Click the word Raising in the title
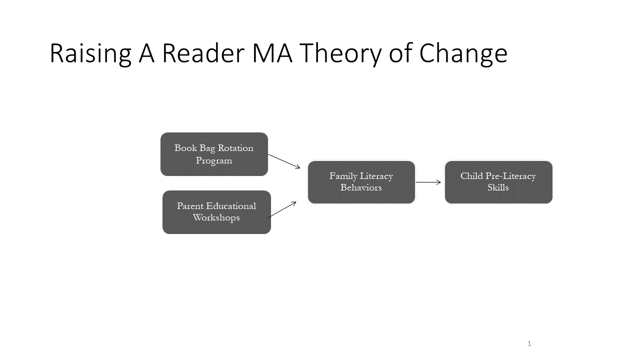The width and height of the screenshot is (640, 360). pos(90,53)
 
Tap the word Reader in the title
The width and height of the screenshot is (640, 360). pos(203,53)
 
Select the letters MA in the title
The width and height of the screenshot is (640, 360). pos(272,53)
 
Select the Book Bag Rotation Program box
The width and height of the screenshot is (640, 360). pos(214,154)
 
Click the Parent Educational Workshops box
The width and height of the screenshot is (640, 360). pos(216,212)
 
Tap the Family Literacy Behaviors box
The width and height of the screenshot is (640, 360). pos(361,182)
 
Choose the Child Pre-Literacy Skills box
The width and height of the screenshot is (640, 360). pos(498,182)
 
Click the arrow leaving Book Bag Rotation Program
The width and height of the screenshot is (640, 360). pos(284,161)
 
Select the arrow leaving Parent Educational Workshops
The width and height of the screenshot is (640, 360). pos(282,209)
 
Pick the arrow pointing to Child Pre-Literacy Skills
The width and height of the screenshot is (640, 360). pos(428,182)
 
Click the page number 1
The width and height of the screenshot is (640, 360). pos(529,343)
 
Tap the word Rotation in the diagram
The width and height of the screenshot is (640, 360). pos(235,148)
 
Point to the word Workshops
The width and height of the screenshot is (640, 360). pos(216,217)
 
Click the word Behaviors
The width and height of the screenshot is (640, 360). pos(361,187)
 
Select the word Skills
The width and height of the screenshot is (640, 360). pos(498,187)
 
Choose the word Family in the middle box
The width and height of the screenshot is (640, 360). pos(343,176)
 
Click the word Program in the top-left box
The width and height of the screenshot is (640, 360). pos(214,161)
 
